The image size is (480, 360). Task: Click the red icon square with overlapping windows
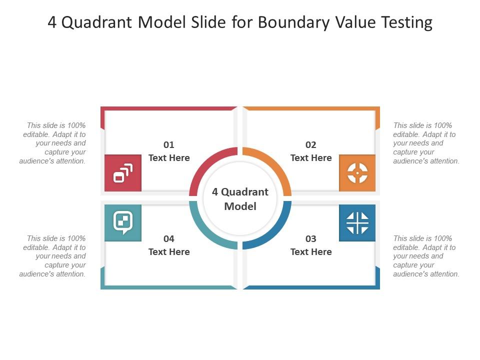click(x=123, y=173)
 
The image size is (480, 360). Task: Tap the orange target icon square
click(x=357, y=173)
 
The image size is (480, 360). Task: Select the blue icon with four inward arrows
click(x=357, y=222)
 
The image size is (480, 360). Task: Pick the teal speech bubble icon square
click(x=123, y=222)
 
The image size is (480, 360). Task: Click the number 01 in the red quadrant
click(x=169, y=145)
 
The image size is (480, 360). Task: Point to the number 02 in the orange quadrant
click(x=311, y=145)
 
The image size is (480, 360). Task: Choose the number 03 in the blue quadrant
click(x=311, y=239)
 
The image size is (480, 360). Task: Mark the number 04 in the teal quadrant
click(x=169, y=239)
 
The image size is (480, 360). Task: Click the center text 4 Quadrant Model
click(x=240, y=199)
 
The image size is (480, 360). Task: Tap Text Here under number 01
click(x=169, y=158)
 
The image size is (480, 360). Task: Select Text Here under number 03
click(x=311, y=252)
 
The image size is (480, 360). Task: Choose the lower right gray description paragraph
click(x=425, y=256)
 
